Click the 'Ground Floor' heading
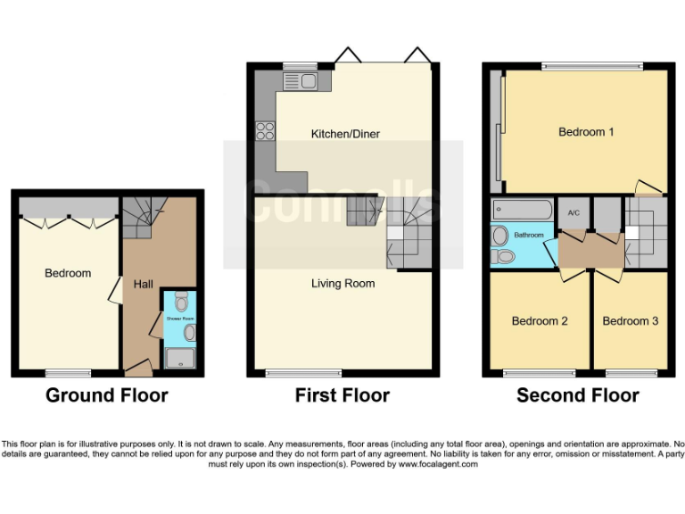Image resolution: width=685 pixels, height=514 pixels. pyautogui.click(x=106, y=394)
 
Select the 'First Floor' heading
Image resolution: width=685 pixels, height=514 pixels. pyautogui.click(x=342, y=394)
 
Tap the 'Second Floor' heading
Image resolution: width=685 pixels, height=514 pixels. pyautogui.click(x=577, y=394)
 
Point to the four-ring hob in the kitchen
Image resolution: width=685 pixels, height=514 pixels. pyautogui.click(x=265, y=131)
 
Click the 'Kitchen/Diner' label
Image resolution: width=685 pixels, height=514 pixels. pyautogui.click(x=344, y=134)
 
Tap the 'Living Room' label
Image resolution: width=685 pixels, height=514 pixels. pyautogui.click(x=342, y=284)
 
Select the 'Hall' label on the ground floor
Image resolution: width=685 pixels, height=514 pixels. pyautogui.click(x=143, y=284)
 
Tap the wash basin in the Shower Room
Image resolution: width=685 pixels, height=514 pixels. pyautogui.click(x=189, y=333)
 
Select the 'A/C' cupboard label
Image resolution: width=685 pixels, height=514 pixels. pyautogui.click(x=574, y=212)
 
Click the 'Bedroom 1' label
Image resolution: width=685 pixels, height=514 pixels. pyautogui.click(x=586, y=132)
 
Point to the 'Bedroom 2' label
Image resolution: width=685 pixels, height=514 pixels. pyautogui.click(x=540, y=321)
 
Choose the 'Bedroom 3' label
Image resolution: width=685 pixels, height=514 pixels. pyautogui.click(x=631, y=321)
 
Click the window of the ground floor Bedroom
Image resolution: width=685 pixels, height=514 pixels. pyautogui.click(x=69, y=372)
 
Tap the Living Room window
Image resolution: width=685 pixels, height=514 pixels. pyautogui.click(x=291, y=372)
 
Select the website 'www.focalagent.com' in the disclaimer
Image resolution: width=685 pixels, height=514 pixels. pyautogui.click(x=438, y=464)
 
